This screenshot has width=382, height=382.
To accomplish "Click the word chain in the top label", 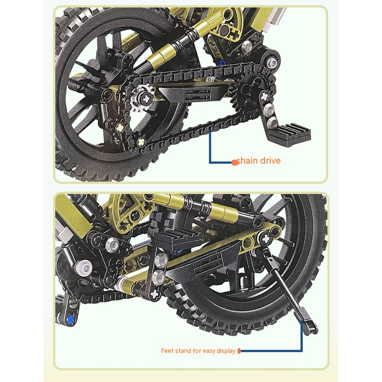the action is point(246,161).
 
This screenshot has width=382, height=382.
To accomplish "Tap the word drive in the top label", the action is point(270,161).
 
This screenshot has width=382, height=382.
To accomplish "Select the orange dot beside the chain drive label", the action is point(234,162).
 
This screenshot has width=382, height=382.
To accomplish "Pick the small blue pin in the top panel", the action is point(222,63).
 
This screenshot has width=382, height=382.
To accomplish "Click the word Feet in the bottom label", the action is point(167,351).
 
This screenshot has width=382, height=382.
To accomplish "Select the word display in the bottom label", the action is point(226,351).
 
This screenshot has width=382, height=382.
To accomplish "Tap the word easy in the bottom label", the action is point(209,351).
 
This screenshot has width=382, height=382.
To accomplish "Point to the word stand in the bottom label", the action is point(183,351).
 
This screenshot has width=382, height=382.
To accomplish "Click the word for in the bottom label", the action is point(197,351).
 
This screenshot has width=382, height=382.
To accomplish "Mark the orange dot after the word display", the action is point(239,351).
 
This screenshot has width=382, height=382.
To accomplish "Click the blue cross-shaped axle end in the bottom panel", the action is point(70,319).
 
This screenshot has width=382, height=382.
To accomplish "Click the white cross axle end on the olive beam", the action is point(266,238).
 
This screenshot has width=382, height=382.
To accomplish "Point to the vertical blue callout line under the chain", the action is point(210,147).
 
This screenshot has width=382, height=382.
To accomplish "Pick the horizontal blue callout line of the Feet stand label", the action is point(271,351).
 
